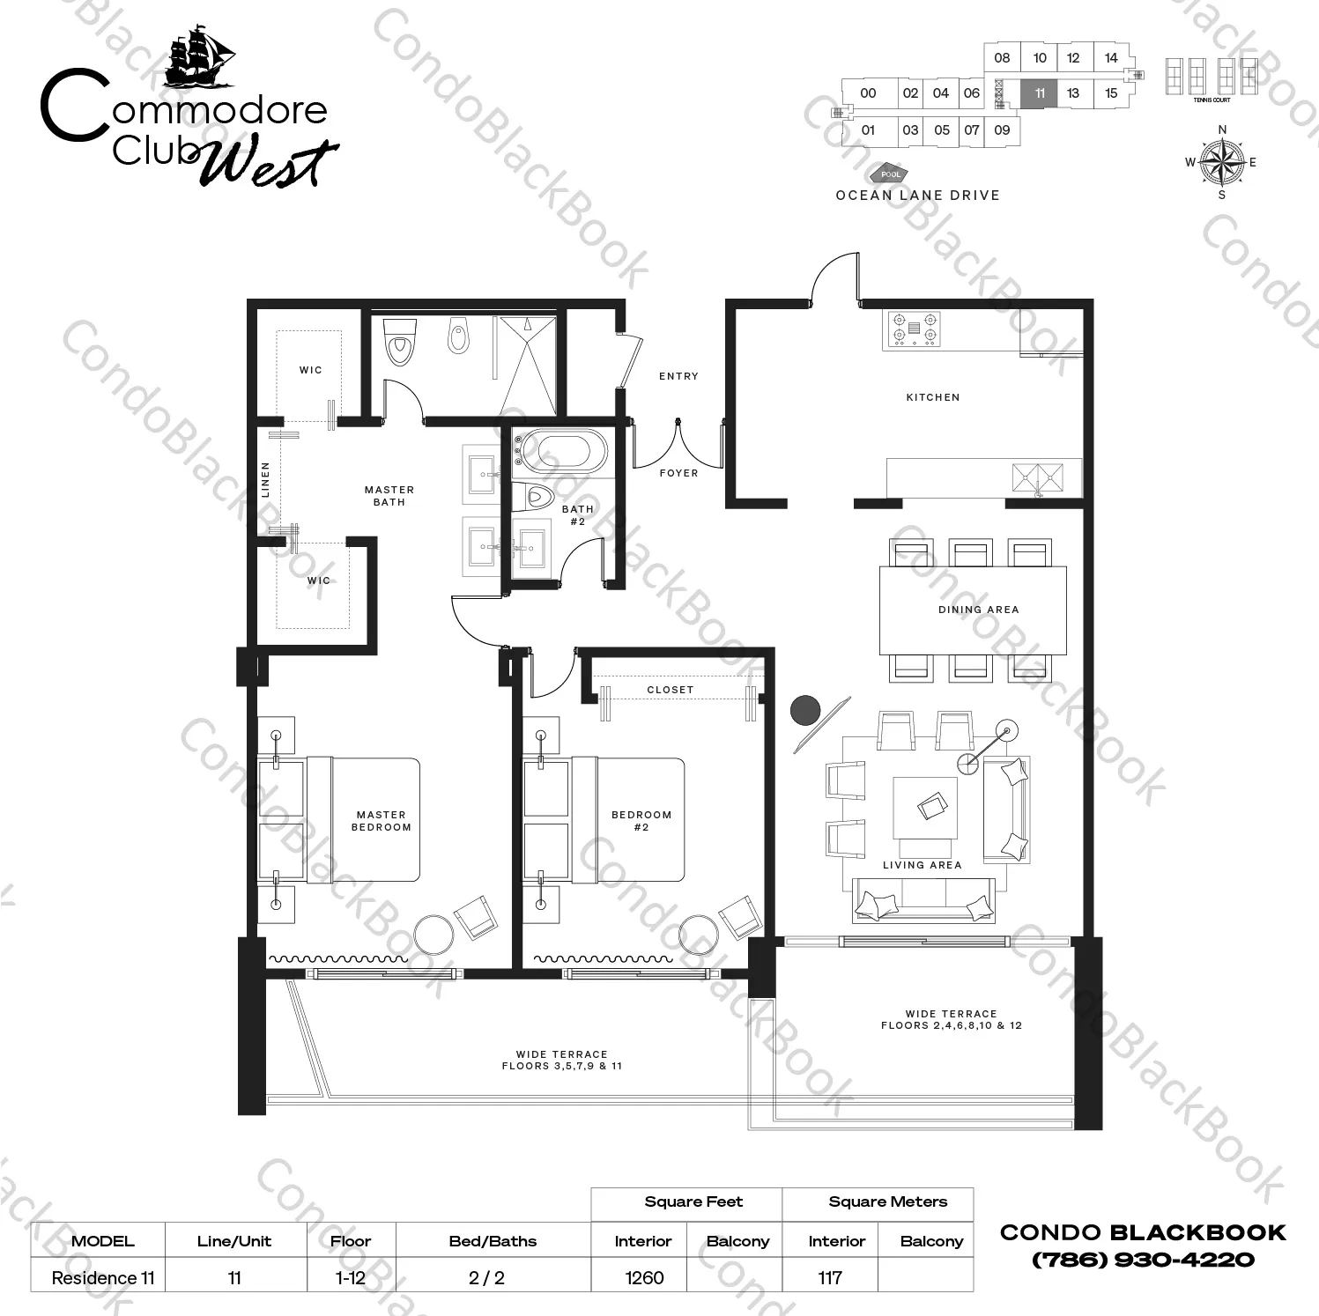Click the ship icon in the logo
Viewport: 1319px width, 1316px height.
tap(200, 56)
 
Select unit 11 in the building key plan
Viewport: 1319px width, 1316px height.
tap(1040, 93)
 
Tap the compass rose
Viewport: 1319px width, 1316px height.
tap(1221, 162)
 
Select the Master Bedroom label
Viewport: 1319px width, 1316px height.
tap(382, 821)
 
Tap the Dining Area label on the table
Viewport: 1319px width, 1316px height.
tap(978, 610)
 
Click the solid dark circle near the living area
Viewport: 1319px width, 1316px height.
tap(804, 709)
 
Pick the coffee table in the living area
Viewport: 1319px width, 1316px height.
tap(925, 807)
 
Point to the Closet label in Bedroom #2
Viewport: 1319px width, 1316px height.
tap(670, 690)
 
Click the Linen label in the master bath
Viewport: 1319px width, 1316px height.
tap(265, 480)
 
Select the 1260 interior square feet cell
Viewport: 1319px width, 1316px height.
tap(644, 1277)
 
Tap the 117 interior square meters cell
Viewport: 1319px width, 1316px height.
tap(830, 1277)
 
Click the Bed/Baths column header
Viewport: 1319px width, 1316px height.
tap(493, 1241)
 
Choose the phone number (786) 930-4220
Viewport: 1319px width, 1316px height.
tap(1143, 1260)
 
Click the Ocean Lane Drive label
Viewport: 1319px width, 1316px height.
tap(917, 196)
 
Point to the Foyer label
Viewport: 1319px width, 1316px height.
tap(678, 473)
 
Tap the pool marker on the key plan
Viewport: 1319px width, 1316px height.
tap(890, 174)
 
